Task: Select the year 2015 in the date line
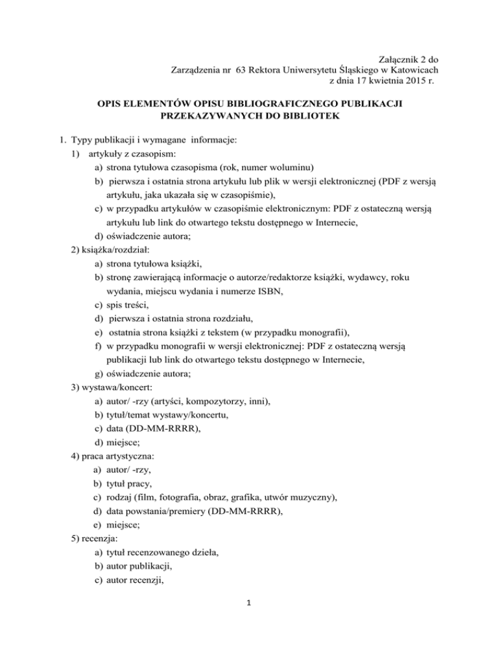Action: tap(399, 81)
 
